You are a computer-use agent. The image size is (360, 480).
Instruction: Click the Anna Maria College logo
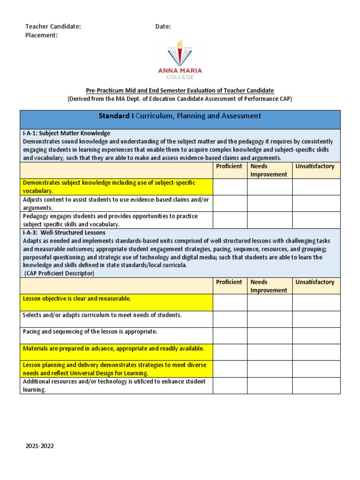(x=180, y=60)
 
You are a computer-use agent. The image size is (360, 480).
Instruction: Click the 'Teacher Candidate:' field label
(x=53, y=27)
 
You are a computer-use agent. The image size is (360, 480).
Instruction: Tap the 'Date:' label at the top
(x=163, y=27)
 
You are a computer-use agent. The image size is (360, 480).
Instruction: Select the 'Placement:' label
(x=42, y=35)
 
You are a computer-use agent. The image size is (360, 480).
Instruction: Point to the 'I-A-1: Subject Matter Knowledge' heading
(x=67, y=133)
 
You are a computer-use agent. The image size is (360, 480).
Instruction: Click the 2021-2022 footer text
(x=40, y=446)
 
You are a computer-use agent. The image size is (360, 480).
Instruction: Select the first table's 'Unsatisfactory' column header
(x=315, y=166)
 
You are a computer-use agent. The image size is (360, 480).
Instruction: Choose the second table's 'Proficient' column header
(x=229, y=282)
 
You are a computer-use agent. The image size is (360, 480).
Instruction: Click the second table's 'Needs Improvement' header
(x=269, y=286)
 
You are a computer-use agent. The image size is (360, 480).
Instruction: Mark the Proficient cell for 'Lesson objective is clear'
(x=230, y=302)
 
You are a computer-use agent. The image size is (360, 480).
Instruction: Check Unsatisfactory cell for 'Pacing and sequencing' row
(x=316, y=336)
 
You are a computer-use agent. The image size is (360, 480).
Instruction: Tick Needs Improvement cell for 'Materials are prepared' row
(x=270, y=352)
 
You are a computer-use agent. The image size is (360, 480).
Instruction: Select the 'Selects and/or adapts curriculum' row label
(x=102, y=315)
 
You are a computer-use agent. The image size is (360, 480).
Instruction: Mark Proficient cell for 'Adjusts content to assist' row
(x=230, y=203)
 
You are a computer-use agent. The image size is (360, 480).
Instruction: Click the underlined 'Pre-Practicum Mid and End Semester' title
(x=180, y=90)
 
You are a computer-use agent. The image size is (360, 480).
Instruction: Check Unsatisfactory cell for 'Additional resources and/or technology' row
(x=316, y=385)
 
